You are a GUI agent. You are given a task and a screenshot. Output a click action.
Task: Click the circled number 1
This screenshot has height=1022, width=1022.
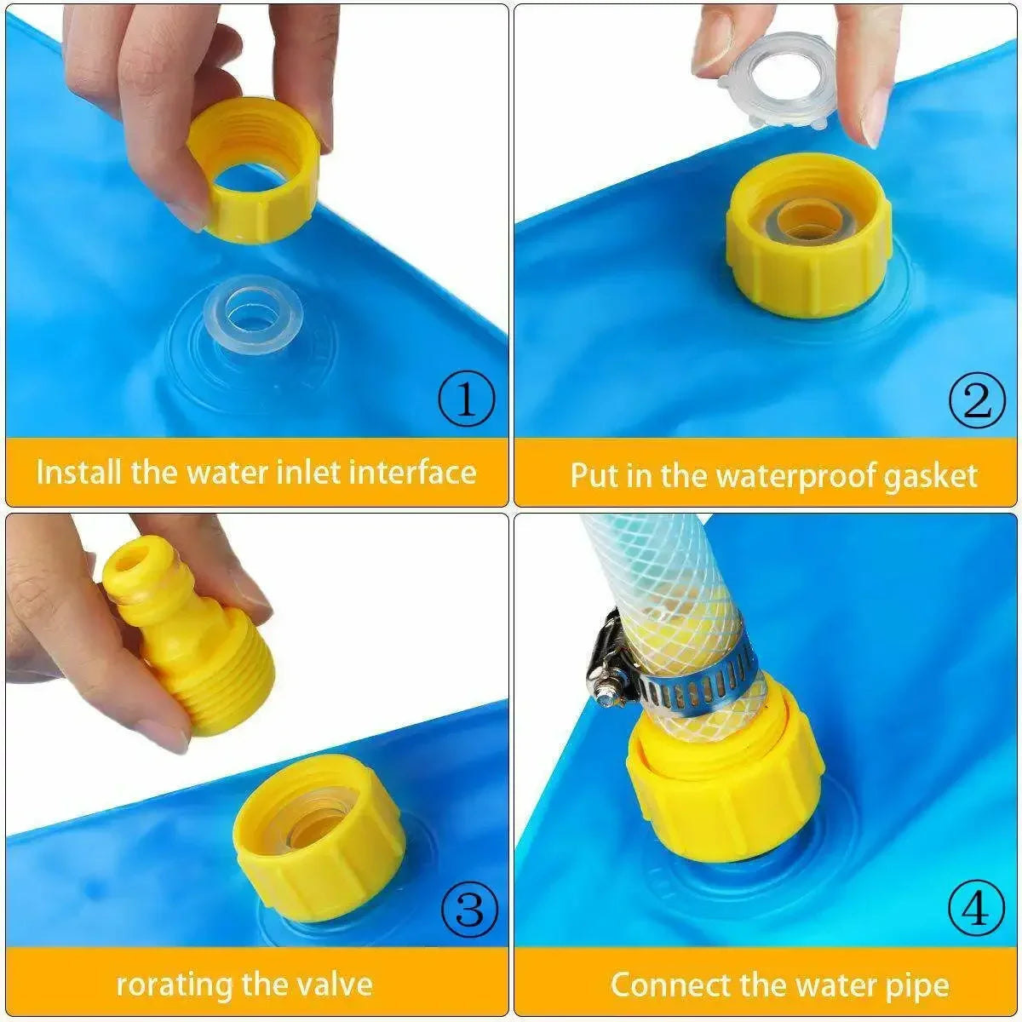465,399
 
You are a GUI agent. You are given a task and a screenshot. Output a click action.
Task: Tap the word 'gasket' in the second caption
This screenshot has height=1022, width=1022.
930,475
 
